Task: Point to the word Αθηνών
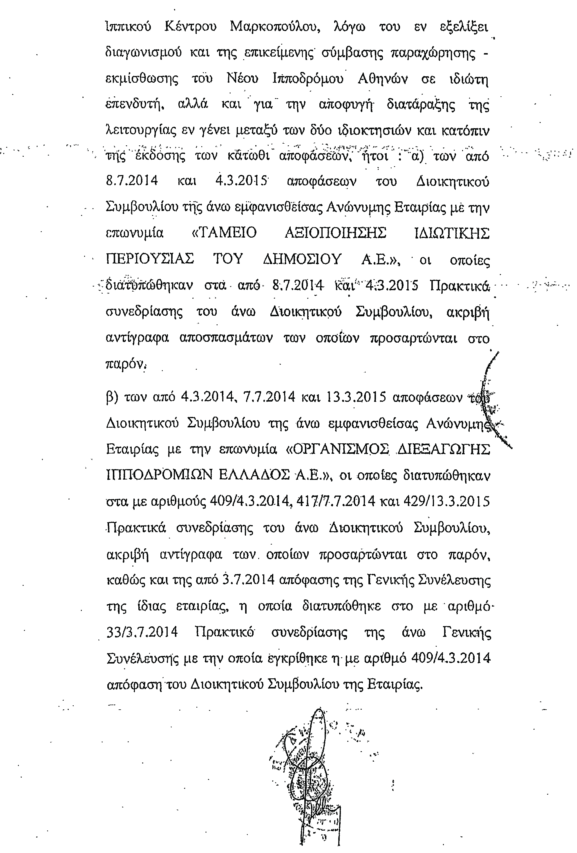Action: (x=382, y=79)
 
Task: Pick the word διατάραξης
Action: (x=421, y=105)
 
